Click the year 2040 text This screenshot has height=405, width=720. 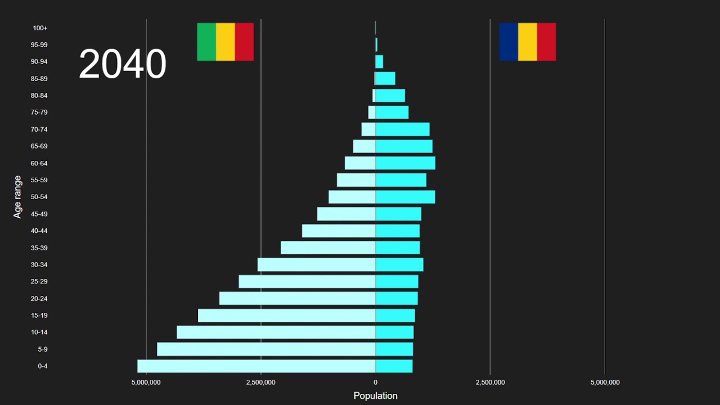(x=122, y=64)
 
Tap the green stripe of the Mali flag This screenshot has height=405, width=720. (x=206, y=42)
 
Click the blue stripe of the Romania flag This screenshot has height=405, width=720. (x=508, y=42)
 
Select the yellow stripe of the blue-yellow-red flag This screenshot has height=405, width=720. (x=527, y=42)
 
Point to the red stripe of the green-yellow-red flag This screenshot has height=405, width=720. (x=244, y=42)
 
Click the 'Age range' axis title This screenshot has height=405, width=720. (x=18, y=197)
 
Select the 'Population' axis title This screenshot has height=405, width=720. (x=375, y=395)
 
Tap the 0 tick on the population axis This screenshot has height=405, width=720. (x=375, y=382)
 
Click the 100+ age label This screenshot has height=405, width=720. (x=40, y=28)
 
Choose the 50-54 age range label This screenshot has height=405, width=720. (x=39, y=197)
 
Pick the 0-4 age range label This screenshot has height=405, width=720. (x=42, y=366)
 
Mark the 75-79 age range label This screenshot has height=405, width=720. (x=39, y=112)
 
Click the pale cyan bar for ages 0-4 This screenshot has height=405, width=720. (x=256, y=366)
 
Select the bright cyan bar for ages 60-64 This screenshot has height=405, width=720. (x=405, y=163)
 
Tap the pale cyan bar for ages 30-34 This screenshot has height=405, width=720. (x=316, y=264)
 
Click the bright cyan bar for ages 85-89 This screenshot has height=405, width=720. (x=385, y=78)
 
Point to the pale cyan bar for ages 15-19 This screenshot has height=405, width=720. (x=286, y=316)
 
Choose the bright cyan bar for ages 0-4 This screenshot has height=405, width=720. (x=394, y=366)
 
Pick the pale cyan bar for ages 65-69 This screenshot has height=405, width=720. (x=364, y=146)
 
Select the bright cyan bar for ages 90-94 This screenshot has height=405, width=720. (x=379, y=61)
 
